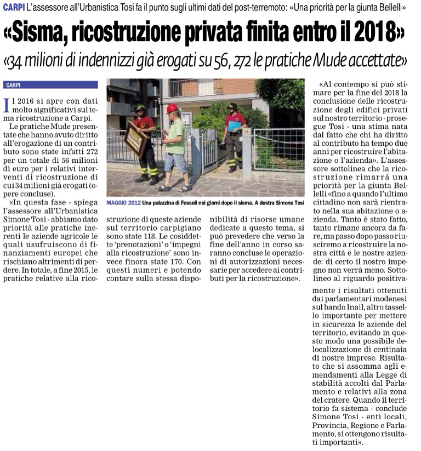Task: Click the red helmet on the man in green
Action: (172, 108)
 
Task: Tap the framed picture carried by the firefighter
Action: (134, 139)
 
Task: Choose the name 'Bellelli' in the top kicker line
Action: (391, 8)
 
